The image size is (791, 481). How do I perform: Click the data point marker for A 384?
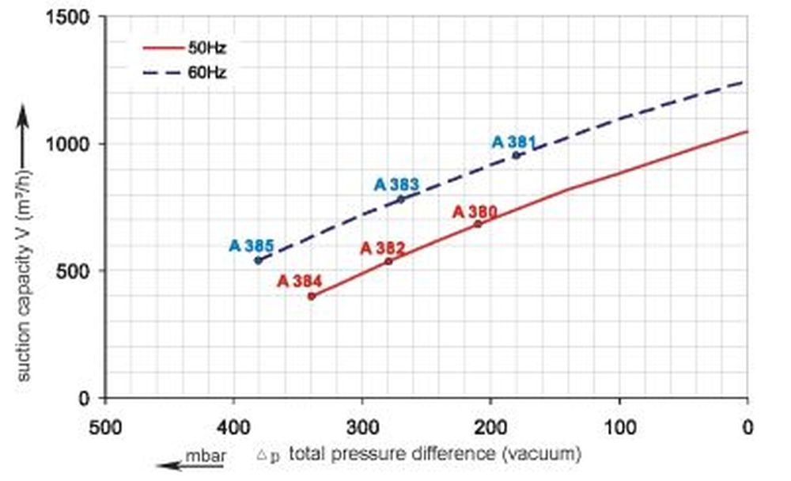[x=312, y=297]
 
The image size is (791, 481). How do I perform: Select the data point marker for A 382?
[x=388, y=261]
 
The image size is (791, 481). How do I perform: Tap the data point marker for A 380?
[x=478, y=224]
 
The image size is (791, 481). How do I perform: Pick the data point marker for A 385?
[x=258, y=260]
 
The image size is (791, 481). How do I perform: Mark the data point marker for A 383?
[x=400, y=199]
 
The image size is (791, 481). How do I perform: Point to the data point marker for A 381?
[x=517, y=155]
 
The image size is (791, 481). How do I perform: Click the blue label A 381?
[x=514, y=142]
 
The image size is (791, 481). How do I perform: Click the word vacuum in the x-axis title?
[x=551, y=455]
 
